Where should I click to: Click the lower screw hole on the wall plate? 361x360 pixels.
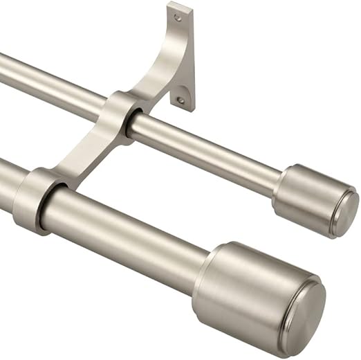pyautogui.click(x=180, y=100)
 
